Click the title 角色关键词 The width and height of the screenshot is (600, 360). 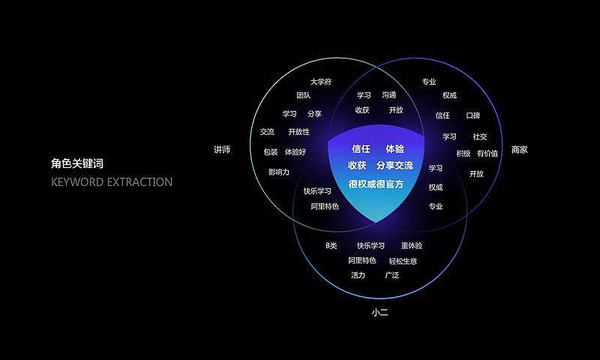[x=77, y=163]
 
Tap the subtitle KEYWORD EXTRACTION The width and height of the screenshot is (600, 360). [x=112, y=182]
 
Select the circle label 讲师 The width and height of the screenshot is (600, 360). [x=221, y=150]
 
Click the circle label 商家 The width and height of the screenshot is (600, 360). [x=519, y=150]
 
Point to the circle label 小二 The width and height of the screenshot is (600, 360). [x=380, y=312]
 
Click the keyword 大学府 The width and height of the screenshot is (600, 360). [x=321, y=82]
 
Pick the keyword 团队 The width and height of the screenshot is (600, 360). [x=303, y=96]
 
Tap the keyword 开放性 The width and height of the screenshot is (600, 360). [x=298, y=132]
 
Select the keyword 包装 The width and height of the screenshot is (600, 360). [x=271, y=152]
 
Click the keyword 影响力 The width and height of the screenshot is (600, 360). [x=279, y=172]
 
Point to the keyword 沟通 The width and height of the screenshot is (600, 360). [x=388, y=95]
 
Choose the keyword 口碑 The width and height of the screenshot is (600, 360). [x=472, y=115]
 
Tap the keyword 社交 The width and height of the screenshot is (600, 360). [x=480, y=136]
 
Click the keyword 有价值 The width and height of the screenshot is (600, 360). [x=487, y=154]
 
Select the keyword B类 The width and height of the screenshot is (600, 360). [x=331, y=246]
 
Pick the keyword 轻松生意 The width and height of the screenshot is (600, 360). [x=403, y=261]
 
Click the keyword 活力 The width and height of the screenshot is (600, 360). [x=358, y=275]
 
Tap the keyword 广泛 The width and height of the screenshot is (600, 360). [x=391, y=275]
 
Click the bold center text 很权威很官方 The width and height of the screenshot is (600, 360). [x=376, y=184]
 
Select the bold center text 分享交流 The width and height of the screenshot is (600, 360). [x=394, y=165]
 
